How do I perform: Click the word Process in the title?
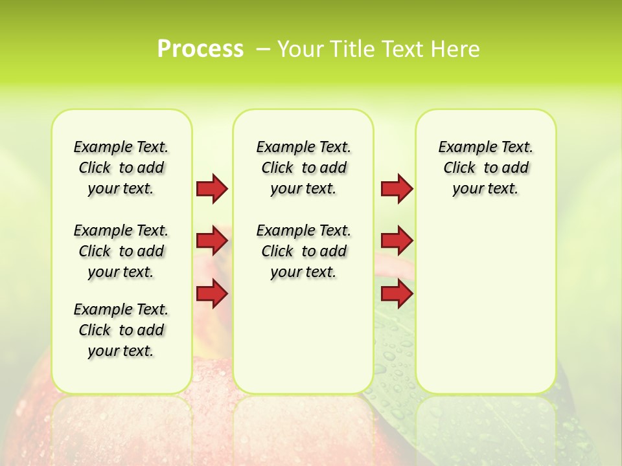[200, 49]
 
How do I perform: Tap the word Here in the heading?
[456, 49]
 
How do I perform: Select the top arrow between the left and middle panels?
[212, 188]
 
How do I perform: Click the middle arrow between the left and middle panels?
[212, 241]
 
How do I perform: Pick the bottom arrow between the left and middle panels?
[212, 294]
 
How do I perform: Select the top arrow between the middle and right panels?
[397, 188]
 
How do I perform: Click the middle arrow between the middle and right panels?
[397, 241]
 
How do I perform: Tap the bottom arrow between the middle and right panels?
[397, 294]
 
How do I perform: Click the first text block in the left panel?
[121, 168]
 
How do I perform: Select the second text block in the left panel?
[121, 251]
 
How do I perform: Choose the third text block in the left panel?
[121, 330]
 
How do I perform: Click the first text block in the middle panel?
[303, 168]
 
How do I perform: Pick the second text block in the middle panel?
[303, 251]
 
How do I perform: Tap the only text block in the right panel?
[485, 168]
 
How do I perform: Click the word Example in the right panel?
[462, 147]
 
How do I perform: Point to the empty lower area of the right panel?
[485, 304]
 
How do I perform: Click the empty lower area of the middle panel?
[303, 337]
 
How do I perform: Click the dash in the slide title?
[264, 49]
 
